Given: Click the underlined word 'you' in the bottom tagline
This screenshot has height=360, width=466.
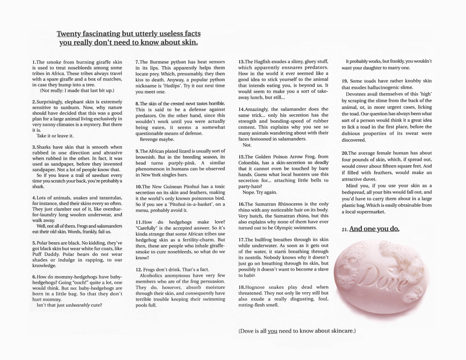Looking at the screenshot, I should tap(272, 331).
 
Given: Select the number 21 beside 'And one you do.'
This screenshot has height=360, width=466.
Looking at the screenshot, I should tap(344, 229).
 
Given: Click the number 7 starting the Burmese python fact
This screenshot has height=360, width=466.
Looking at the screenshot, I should tap(137, 62).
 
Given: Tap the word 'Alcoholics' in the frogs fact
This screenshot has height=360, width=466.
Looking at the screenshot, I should tap(153, 276).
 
